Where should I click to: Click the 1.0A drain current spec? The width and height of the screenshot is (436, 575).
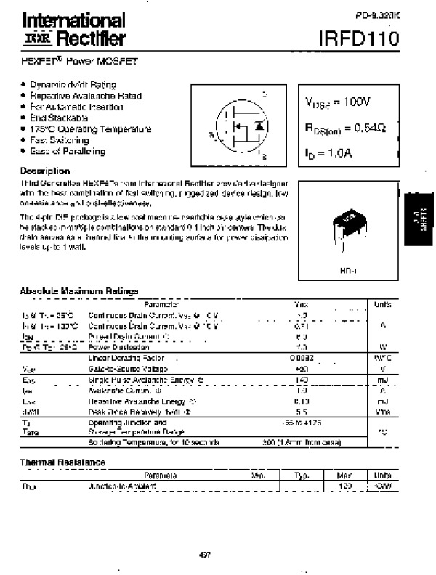click(x=328, y=153)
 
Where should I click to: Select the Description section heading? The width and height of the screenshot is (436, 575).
click(x=45, y=171)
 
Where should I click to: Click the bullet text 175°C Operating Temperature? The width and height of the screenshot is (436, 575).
click(x=90, y=129)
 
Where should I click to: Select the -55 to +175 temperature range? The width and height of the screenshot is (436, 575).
click(x=302, y=422)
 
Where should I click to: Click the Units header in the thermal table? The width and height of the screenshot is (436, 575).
click(x=381, y=475)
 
